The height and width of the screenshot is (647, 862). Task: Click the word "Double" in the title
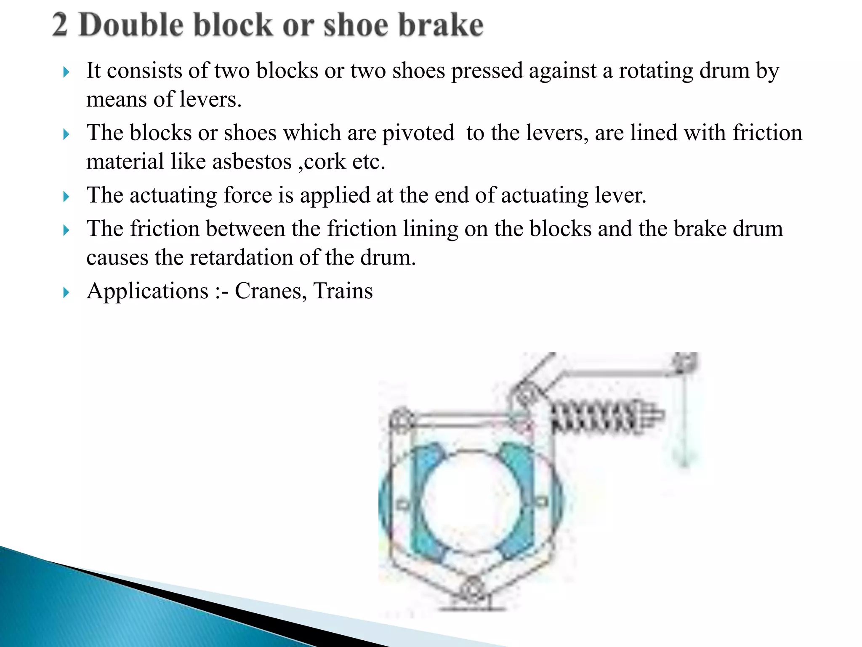[x=131, y=25]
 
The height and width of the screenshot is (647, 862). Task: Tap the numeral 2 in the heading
[x=60, y=25]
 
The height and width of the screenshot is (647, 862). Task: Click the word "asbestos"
[x=252, y=162]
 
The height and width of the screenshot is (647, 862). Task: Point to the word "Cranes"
[x=268, y=291]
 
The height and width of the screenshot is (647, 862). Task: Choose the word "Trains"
[x=343, y=291]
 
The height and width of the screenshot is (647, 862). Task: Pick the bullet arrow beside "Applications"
[x=66, y=292]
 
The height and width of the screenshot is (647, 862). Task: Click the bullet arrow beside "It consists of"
[x=66, y=72]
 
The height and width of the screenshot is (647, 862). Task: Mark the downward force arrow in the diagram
[x=684, y=421]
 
